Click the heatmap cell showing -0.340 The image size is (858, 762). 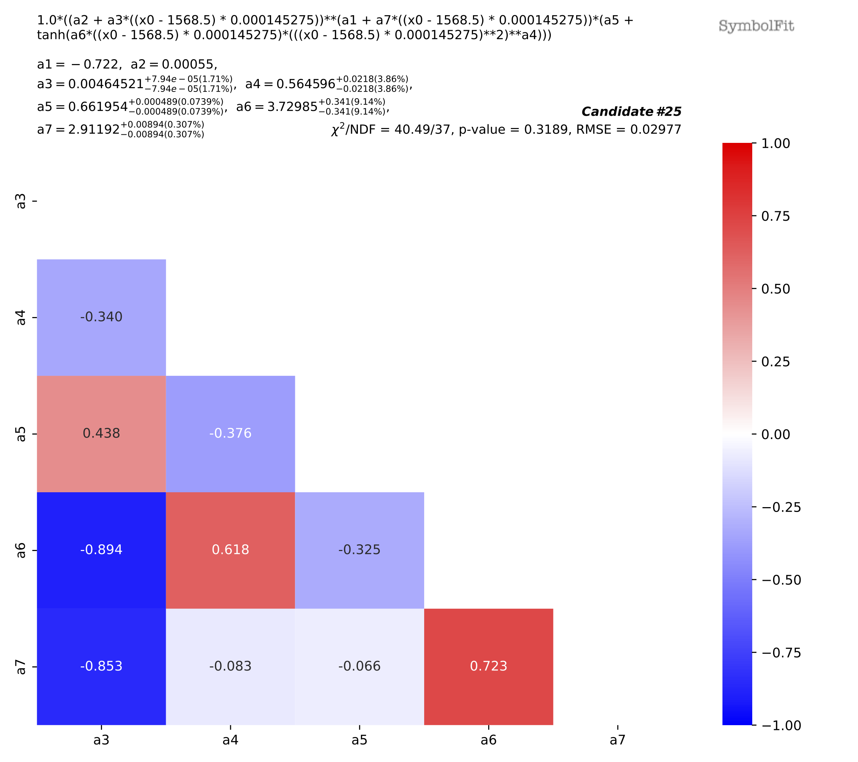point(101,317)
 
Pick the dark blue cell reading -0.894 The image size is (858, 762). point(101,550)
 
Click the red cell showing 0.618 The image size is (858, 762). point(230,550)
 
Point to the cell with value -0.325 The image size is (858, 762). point(359,550)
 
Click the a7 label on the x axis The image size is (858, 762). point(617,740)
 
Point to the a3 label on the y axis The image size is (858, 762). point(20,201)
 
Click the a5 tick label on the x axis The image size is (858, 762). point(359,740)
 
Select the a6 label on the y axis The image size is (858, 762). point(20,550)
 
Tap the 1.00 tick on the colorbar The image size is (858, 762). point(775,143)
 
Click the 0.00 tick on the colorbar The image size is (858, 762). point(775,435)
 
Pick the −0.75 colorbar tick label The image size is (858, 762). point(781,653)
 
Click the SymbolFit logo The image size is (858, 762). point(756,26)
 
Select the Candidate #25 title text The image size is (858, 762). point(631,112)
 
